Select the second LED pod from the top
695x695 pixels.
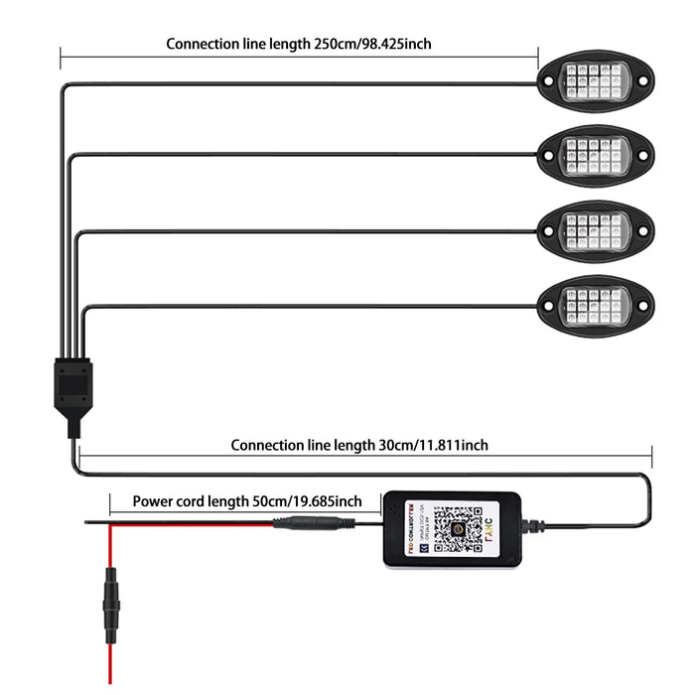coord(595,154)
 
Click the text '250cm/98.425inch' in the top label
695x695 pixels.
coord(372,44)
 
